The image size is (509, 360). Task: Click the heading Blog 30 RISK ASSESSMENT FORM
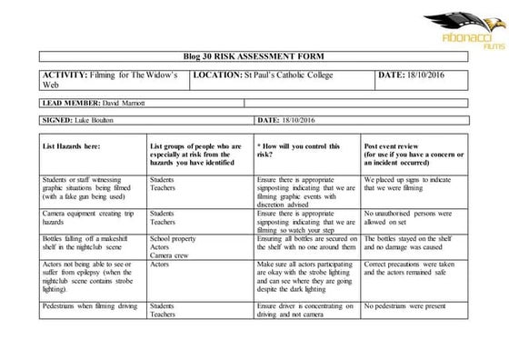point(254,56)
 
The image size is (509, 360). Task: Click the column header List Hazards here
point(71,145)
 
